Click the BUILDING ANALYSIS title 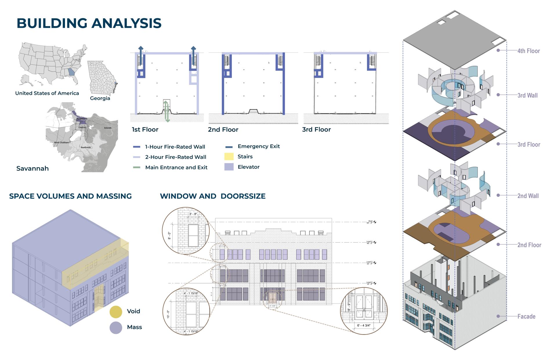click(89, 23)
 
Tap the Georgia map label click(100, 98)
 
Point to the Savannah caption click(32, 168)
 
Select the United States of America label click(47, 93)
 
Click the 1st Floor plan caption click(145, 130)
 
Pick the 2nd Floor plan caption click(223, 130)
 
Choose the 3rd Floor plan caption click(316, 130)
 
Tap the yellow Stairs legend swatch click(229, 157)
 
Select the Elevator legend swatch click(229, 167)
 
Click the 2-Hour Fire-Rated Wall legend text click(176, 157)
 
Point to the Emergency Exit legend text click(258, 146)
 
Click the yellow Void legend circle click(115, 312)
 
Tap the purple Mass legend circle click(115, 328)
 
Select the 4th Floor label click(529, 51)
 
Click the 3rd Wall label click(527, 95)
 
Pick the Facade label click(526, 317)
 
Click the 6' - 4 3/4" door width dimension click(364, 325)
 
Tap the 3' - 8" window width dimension click(193, 214)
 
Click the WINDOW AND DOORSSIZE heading click(213, 196)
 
